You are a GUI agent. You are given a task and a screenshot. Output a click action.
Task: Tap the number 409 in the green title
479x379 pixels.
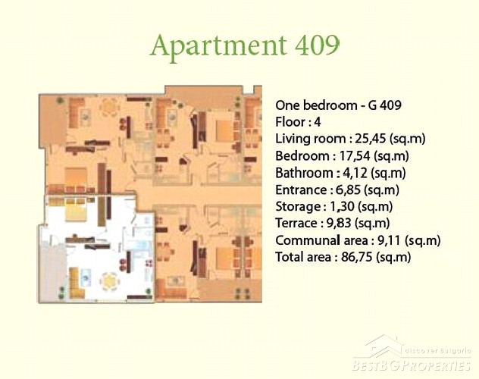tap(317, 45)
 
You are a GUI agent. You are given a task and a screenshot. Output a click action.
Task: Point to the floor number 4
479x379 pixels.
tap(318, 122)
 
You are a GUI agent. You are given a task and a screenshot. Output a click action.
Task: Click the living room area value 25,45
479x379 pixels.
tap(371, 139)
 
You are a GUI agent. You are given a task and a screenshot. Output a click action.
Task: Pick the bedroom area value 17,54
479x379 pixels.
tap(355, 156)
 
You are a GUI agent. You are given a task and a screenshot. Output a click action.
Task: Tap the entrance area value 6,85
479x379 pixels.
tap(348, 190)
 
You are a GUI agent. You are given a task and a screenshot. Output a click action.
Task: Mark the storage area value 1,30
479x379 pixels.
tap(342, 207)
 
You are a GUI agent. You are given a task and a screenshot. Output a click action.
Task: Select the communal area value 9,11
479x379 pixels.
tap(389, 240)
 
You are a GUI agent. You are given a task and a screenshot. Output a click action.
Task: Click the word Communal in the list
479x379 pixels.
tap(308, 240)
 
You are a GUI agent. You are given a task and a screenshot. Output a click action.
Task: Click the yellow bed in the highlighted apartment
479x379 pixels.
tap(76, 211)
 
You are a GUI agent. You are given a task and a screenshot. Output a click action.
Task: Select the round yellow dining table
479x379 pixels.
tap(110, 281)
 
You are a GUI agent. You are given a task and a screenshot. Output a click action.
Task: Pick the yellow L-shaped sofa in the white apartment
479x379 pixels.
tap(76, 283)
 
